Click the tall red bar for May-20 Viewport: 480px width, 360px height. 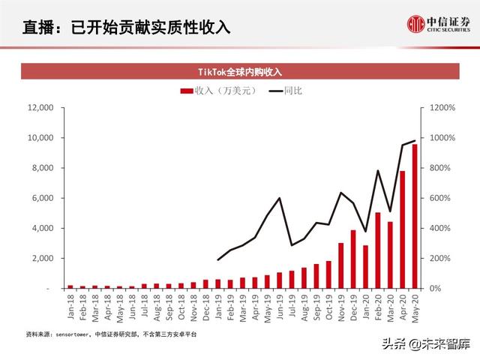point(415,216)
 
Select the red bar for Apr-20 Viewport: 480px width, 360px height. point(402,229)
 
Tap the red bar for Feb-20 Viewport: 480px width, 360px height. point(377,250)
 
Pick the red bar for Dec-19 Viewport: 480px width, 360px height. point(352,259)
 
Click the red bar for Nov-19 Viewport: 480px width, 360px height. point(340,265)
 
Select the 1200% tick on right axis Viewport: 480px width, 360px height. point(445,108)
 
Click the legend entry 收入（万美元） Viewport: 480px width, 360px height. point(217,90)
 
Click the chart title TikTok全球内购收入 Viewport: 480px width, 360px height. point(239,72)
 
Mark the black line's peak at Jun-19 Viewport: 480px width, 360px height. point(279,198)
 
